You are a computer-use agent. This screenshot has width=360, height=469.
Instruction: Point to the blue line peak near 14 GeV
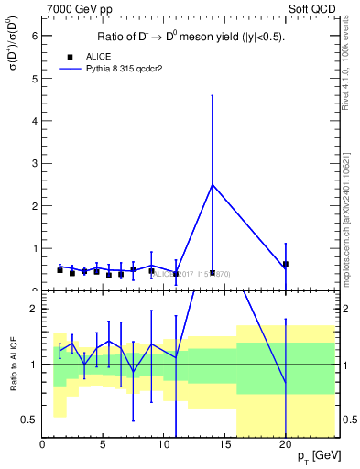(x=213, y=185)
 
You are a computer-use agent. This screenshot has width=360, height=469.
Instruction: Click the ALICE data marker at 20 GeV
(x=286, y=264)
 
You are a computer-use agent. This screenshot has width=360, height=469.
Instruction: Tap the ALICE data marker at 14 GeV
(x=213, y=272)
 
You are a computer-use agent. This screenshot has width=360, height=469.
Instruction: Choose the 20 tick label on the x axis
(x=286, y=445)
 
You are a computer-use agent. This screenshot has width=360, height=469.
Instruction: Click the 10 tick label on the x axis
(x=164, y=445)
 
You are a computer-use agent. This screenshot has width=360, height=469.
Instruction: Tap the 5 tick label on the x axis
(x=104, y=445)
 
